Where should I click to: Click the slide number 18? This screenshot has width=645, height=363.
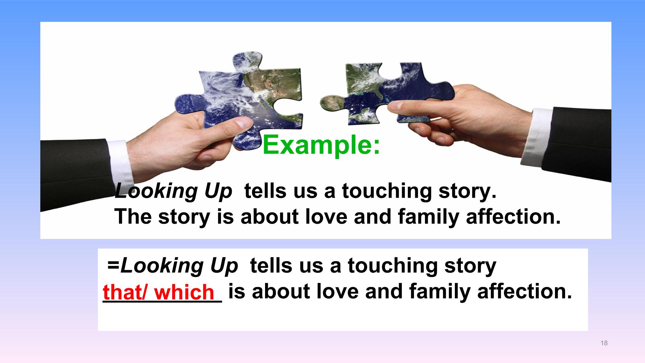click(x=604, y=343)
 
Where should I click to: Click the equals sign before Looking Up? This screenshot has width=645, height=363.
click(x=114, y=265)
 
